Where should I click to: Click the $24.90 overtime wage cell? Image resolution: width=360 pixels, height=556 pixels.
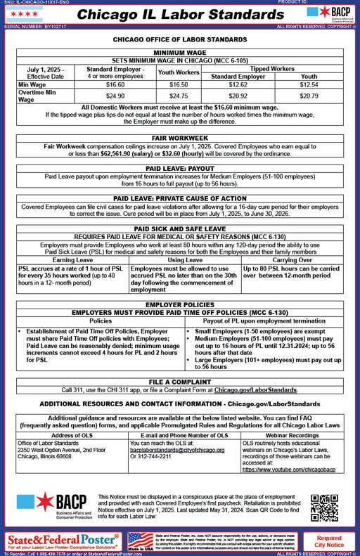pos(115,95)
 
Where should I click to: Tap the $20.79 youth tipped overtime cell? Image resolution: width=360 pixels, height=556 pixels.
pos(309,95)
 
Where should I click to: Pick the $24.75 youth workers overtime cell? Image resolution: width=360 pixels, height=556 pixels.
pos(179,95)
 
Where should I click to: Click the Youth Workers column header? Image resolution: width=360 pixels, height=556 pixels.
pos(179,72)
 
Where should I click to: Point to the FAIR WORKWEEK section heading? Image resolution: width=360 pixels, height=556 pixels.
pos(180,139)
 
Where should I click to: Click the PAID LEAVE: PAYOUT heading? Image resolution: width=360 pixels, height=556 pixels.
pos(180,169)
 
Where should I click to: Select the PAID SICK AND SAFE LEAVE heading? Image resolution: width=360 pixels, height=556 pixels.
pos(180,229)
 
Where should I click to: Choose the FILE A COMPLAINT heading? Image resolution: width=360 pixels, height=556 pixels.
pos(180,382)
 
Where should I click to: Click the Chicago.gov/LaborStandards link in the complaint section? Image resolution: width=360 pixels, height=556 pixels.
pos(256,389)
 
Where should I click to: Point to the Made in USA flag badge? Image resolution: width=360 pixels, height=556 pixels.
pos(141,541)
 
